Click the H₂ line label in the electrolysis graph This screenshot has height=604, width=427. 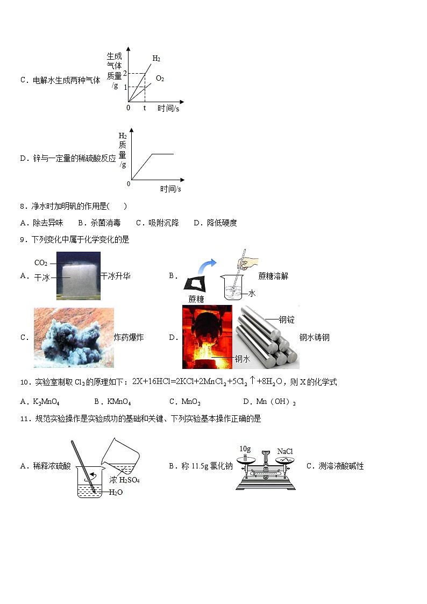[x=156, y=59]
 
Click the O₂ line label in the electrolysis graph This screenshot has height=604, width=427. [x=160, y=79]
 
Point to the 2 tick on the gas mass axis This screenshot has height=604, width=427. [x=125, y=73]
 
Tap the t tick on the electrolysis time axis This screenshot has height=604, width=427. [x=144, y=108]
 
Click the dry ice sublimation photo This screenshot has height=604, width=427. [x=79, y=275]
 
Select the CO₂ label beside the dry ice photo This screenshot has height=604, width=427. [x=41, y=263]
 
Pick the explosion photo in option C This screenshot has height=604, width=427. [x=74, y=337]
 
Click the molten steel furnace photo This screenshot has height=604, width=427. [x=207, y=337]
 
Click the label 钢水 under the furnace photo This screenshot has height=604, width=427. [x=242, y=359]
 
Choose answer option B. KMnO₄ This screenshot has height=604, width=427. [x=112, y=402]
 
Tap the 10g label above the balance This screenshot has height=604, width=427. [x=245, y=449]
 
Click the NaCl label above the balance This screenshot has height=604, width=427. [x=285, y=451]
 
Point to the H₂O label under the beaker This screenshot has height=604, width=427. [x=116, y=492]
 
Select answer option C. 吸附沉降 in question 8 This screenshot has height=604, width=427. [x=157, y=223]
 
